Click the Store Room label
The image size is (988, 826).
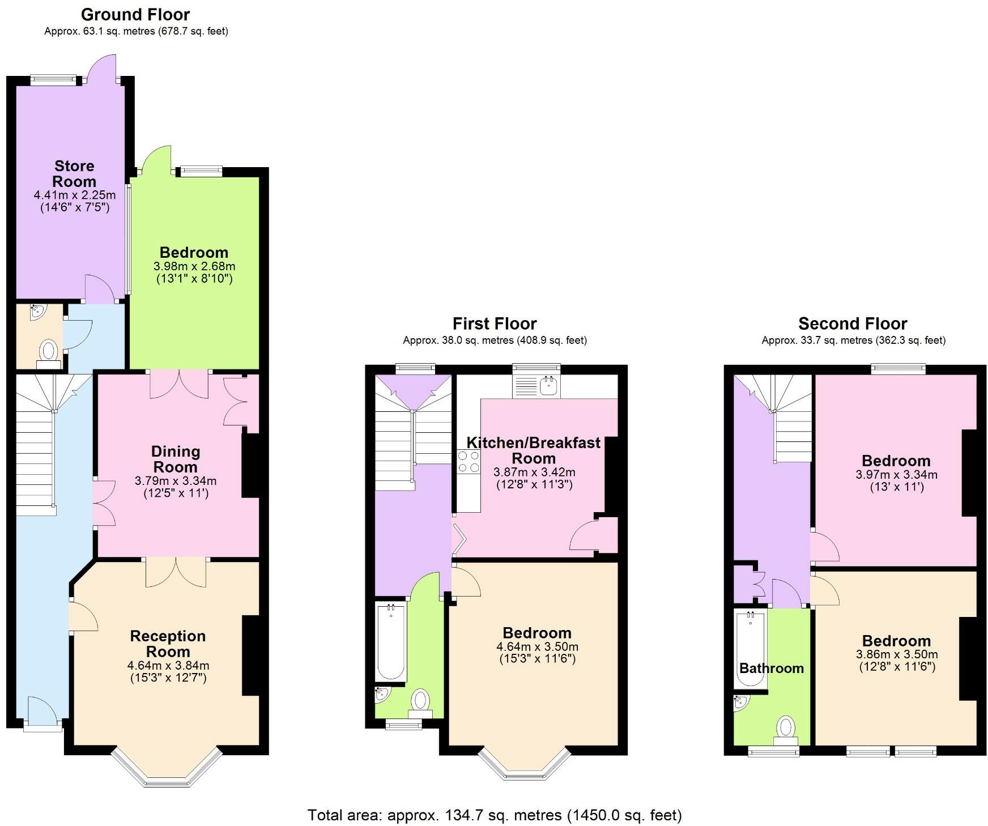pyautogui.click(x=74, y=174)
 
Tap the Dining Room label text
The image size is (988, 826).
pyautogui.click(x=175, y=459)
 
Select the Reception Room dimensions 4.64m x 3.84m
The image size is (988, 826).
pyautogui.click(x=168, y=665)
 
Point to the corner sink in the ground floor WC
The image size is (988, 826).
pyautogui.click(x=37, y=312)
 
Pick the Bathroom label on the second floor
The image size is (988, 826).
pyautogui.click(x=771, y=668)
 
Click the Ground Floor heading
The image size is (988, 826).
pyautogui.click(x=135, y=14)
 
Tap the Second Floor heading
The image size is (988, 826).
pyautogui.click(x=853, y=323)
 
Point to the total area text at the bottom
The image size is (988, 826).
pyautogui.click(x=494, y=815)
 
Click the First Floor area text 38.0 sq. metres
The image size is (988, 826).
pyautogui.click(x=495, y=340)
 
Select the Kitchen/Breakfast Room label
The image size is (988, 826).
pyautogui.click(x=533, y=450)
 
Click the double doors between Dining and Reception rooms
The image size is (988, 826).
pyautogui.click(x=176, y=572)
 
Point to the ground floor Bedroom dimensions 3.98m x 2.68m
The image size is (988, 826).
pyautogui.click(x=194, y=266)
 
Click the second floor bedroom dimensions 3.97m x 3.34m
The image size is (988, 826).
pyautogui.click(x=896, y=474)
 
